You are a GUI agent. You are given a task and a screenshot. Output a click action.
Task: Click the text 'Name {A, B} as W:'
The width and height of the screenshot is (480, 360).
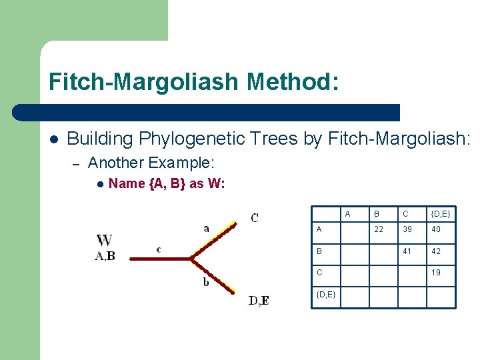pos(166,183)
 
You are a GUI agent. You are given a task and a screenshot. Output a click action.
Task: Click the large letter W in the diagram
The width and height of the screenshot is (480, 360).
pos(104,241)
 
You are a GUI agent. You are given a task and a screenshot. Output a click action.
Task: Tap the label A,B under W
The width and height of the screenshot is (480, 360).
pos(105,255)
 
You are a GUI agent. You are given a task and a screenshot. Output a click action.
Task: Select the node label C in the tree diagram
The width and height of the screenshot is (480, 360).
pos(255,217)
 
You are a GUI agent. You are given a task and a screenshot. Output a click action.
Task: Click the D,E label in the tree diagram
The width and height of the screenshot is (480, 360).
pos(259,301)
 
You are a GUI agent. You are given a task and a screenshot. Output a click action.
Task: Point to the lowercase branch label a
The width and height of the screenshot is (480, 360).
pos(206,228)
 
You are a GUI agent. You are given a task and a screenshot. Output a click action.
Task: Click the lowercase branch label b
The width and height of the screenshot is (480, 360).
pos(206,282)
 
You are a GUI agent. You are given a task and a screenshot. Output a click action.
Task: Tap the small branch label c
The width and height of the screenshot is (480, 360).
pos(158,249)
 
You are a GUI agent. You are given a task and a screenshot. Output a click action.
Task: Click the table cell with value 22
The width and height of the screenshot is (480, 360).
pos(378,229)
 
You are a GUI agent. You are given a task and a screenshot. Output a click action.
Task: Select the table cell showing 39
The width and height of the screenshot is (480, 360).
pos(406,229)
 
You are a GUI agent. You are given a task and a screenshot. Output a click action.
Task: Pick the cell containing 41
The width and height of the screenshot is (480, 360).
pos(406,251)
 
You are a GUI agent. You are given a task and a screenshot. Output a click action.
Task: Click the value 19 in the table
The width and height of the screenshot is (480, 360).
pos(435,273)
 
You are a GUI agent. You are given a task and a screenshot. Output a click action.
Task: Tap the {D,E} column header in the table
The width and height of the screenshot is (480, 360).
pos(440,214)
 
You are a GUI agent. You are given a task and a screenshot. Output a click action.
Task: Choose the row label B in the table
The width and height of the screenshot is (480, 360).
pos(319,251)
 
